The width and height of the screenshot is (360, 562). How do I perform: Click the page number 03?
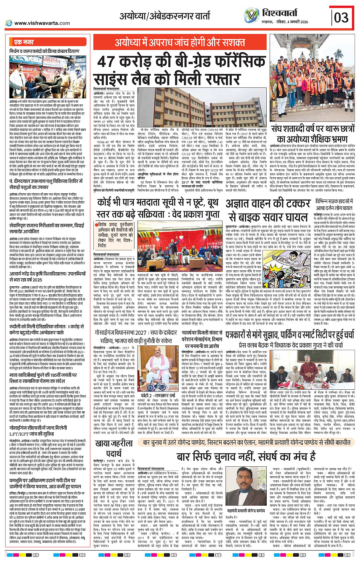click(341, 17)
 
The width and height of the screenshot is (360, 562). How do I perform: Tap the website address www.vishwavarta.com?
click(42, 23)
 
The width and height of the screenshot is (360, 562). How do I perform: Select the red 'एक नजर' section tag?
click(24, 42)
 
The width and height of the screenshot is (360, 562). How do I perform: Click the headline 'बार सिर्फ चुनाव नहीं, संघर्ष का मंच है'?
click(246, 457)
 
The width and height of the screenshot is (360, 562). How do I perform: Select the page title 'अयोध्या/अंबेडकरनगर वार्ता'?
click(165, 16)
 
